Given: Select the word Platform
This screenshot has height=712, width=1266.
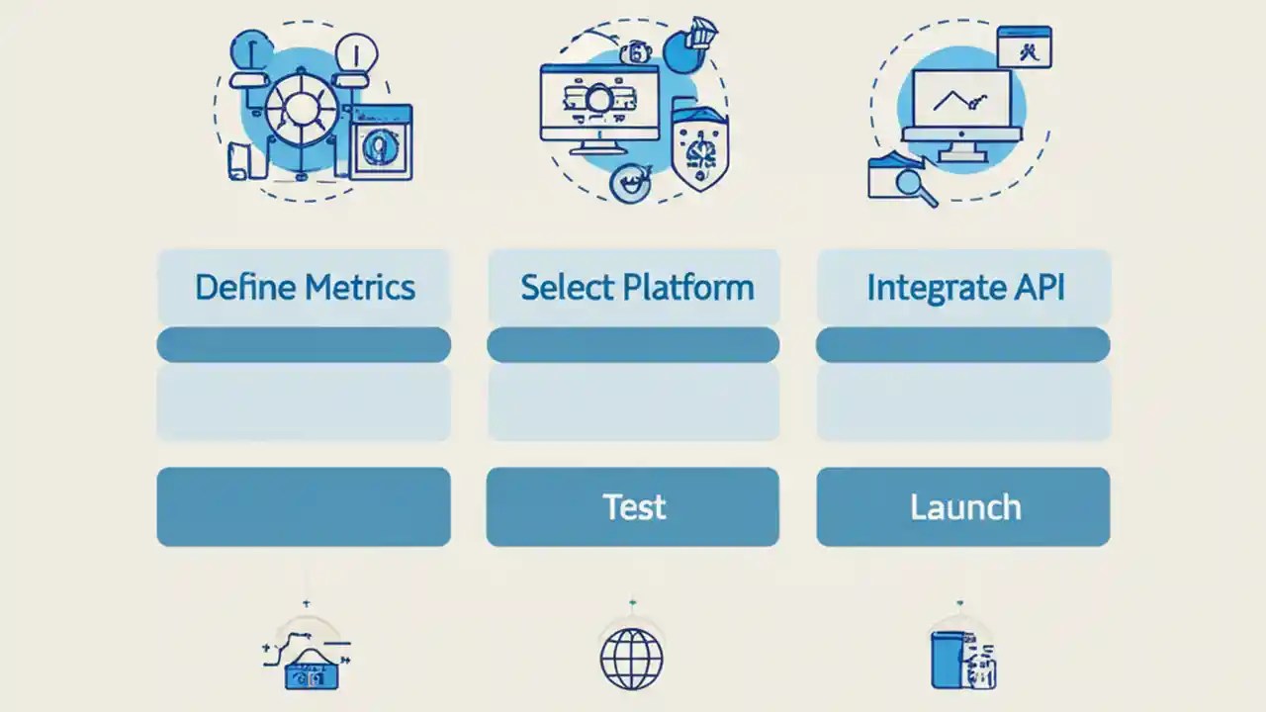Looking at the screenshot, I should click(688, 288).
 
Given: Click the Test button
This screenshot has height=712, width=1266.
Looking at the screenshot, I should click(633, 506).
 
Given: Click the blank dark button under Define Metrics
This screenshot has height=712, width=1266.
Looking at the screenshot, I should click(304, 506).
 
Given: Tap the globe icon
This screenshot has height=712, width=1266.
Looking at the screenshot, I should click(632, 658).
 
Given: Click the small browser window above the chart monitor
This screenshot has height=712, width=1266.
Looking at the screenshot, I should click(1024, 46).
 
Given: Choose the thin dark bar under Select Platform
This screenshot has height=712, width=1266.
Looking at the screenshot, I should click(633, 345).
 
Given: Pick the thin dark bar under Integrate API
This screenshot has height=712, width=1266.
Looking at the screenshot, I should click(962, 345).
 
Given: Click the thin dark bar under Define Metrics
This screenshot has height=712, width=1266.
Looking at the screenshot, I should click(304, 345).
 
